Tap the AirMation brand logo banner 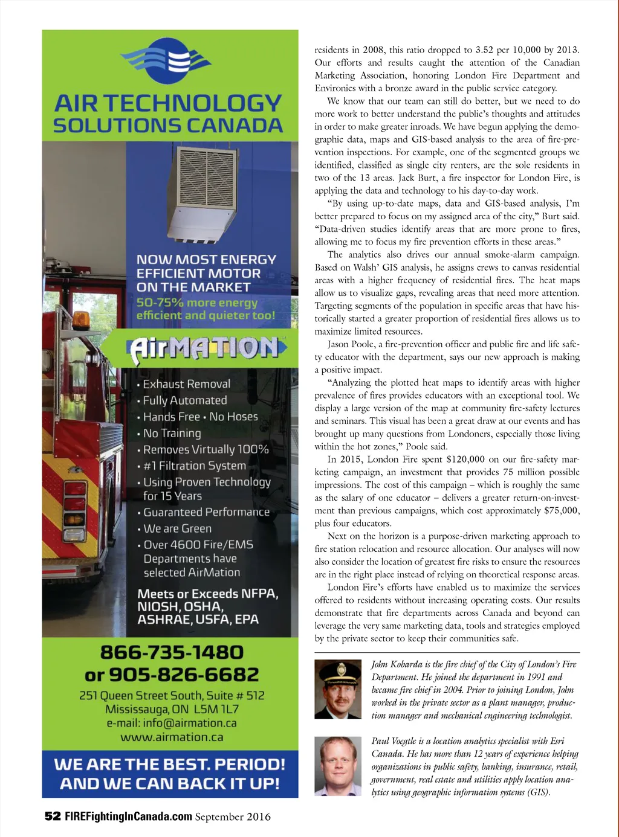(x=206, y=348)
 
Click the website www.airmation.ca (x=172, y=737)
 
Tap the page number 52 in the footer (x=53, y=816)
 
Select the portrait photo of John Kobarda (x=338, y=689)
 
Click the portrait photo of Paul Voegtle (x=338, y=766)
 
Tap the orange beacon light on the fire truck (x=81, y=319)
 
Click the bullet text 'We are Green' (x=177, y=528)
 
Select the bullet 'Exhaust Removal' (x=186, y=384)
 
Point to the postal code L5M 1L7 (x=215, y=709)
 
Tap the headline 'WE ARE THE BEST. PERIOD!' (x=169, y=764)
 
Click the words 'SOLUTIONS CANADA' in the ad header (x=168, y=126)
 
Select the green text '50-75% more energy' (x=197, y=303)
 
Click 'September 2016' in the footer (x=233, y=816)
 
